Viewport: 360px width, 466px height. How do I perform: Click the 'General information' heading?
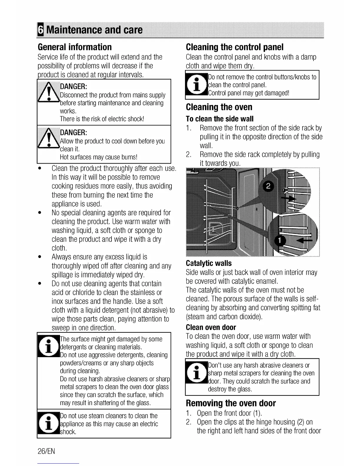point(75,47)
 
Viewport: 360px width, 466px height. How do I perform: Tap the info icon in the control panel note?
point(196,84)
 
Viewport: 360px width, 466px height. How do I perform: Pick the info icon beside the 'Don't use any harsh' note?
point(196,373)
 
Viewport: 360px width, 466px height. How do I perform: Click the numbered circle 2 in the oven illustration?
point(268,187)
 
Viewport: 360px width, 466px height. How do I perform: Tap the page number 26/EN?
point(46,451)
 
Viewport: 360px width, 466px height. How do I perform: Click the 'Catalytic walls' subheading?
point(209,263)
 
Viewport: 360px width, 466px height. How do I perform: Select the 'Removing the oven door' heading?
point(231,403)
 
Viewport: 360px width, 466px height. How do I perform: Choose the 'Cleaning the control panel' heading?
point(235,47)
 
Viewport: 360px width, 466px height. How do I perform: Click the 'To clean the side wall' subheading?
point(220,119)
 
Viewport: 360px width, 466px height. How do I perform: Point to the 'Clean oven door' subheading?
point(211,327)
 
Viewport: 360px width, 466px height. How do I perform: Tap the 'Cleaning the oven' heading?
point(219,107)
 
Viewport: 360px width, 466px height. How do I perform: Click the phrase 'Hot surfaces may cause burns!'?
point(99,157)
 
